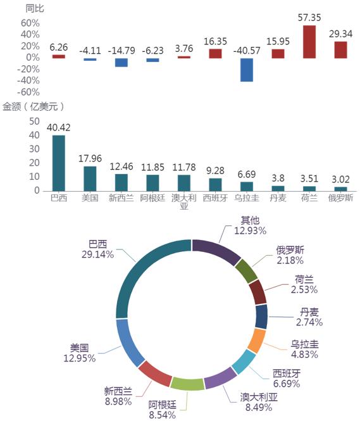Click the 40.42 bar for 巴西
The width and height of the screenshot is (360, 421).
point(58,163)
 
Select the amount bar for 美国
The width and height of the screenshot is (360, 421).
point(90,179)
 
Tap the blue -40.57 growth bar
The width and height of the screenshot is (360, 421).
point(247,70)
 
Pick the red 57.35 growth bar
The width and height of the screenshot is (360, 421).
point(309,42)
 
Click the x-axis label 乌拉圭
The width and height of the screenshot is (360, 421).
point(247,198)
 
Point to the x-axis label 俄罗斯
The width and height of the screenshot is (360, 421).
point(340,198)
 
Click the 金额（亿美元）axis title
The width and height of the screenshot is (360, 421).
point(34,106)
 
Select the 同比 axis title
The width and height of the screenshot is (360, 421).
point(35,9)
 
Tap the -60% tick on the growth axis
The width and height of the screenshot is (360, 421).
point(28,92)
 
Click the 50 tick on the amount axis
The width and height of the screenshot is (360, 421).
point(34,122)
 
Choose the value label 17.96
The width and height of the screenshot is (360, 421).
point(90,158)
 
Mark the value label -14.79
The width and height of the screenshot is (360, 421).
point(121,51)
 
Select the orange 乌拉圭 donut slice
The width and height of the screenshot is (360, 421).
point(256,341)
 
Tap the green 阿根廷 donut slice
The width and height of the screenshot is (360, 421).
point(187,384)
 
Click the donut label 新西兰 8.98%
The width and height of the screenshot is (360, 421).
point(118,396)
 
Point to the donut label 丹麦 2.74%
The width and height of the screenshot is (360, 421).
point(309,317)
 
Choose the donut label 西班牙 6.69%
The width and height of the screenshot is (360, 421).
point(287,379)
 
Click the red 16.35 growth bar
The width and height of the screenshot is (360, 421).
point(215,53)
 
